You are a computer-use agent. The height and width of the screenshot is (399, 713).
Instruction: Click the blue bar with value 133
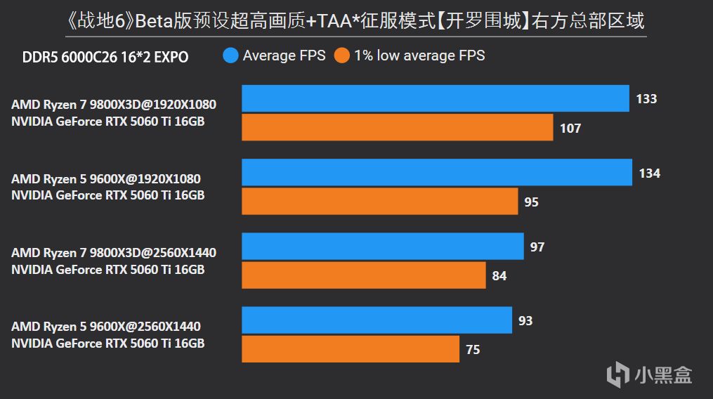point(436,98)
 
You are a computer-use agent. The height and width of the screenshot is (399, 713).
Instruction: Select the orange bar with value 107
point(398,128)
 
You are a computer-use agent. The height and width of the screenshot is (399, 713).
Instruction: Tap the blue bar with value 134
point(437,173)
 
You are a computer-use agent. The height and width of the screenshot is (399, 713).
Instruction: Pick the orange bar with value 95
point(380,202)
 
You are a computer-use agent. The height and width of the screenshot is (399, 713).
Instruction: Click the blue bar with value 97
point(383,247)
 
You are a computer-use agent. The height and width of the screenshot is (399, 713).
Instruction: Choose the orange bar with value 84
point(364,275)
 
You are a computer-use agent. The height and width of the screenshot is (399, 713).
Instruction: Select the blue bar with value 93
point(377,320)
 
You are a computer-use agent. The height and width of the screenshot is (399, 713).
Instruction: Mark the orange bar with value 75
point(351,349)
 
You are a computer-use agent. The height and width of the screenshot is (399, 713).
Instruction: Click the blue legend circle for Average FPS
point(230,55)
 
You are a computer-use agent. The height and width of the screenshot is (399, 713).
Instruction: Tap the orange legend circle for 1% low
point(341,55)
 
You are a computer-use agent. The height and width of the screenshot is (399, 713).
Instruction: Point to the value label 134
point(649,173)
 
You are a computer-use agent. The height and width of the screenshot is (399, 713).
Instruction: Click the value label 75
point(473,349)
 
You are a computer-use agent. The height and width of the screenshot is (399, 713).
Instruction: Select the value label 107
point(570,128)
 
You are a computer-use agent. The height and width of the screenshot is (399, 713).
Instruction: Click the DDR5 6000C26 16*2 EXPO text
point(105,57)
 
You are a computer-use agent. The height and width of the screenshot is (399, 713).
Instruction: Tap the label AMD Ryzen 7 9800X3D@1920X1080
point(114,105)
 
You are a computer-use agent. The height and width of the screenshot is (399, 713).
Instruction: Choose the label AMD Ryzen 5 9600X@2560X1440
point(106,327)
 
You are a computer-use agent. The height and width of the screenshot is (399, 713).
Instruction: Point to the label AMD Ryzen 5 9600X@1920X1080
point(106,179)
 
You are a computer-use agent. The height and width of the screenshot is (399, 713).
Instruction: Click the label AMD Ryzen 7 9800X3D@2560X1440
point(114,253)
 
